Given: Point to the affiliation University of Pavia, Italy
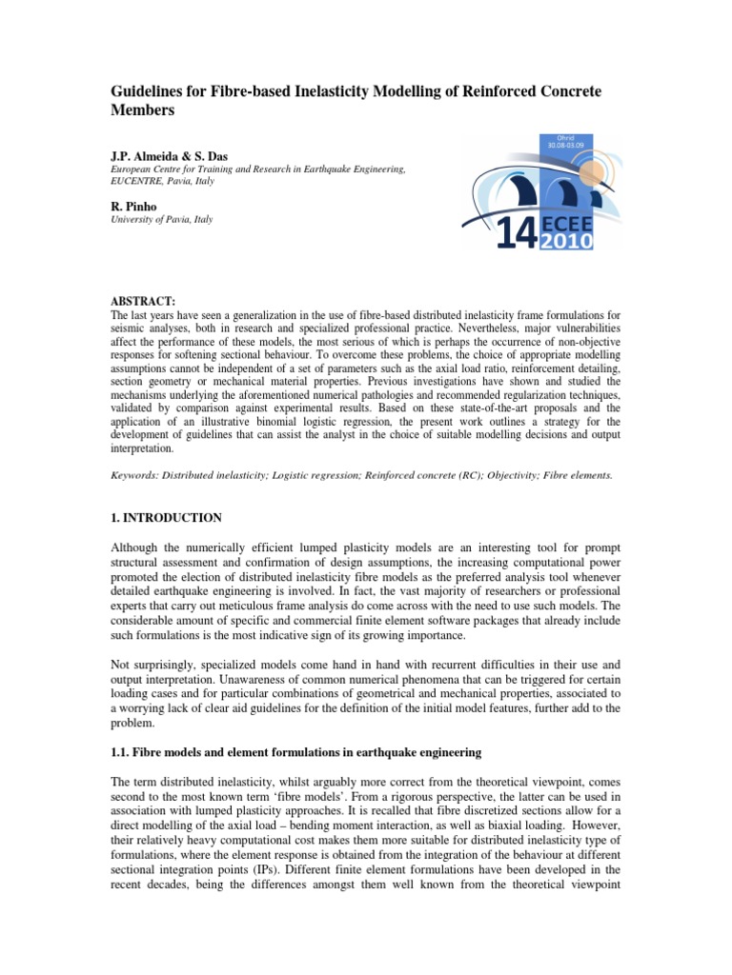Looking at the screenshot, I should [x=161, y=219].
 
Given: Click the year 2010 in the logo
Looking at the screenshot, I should [x=568, y=241].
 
